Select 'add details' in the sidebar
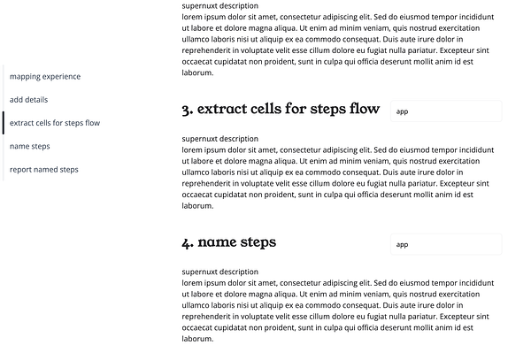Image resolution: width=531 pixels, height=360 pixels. click(x=29, y=100)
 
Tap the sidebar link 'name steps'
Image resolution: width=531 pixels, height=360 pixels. click(x=30, y=146)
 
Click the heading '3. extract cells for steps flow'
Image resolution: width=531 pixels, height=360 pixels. click(x=281, y=110)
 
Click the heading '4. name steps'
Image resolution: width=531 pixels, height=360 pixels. click(x=228, y=242)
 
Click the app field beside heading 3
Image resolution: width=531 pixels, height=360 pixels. click(x=445, y=111)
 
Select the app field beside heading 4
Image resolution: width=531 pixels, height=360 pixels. click(x=445, y=244)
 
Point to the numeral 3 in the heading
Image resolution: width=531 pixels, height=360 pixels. click(x=187, y=111)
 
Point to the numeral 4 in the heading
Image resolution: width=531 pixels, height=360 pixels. click(x=187, y=243)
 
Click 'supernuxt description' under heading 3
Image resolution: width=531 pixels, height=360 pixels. click(x=219, y=139)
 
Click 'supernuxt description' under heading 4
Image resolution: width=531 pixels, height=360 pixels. click(x=219, y=272)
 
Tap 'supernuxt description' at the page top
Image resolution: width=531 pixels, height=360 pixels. click(x=219, y=6)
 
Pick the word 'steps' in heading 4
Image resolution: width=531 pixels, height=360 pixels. click(x=256, y=243)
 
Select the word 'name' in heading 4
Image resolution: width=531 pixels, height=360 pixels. click(x=215, y=242)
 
